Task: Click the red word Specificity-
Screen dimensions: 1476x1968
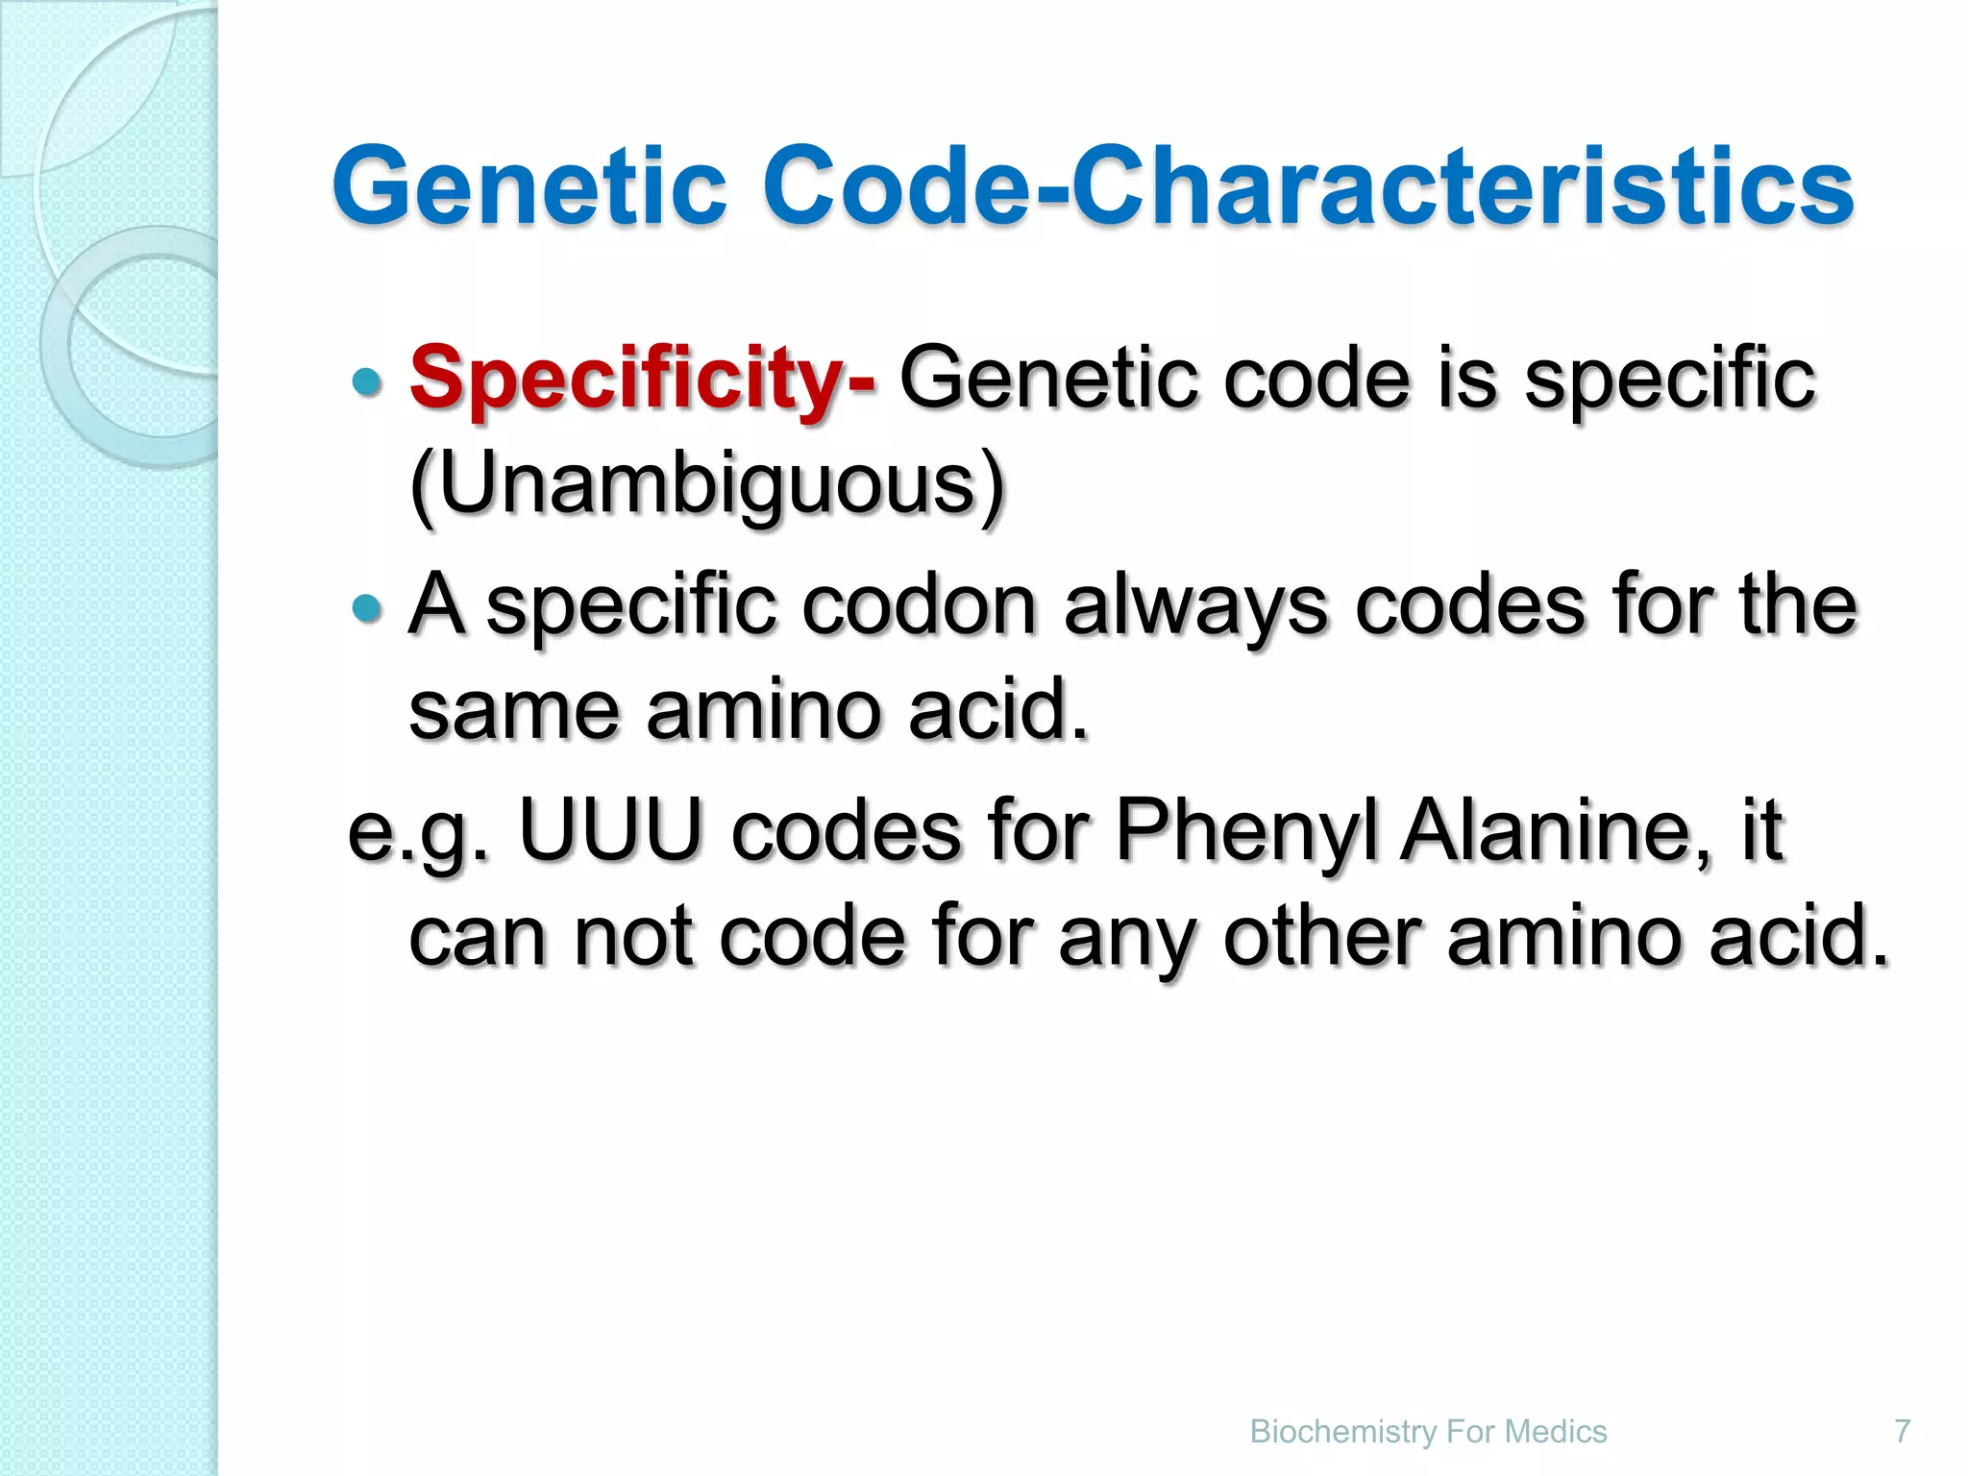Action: [x=642, y=380]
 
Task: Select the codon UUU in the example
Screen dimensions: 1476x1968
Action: [x=610, y=828]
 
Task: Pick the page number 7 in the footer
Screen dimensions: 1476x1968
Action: [x=1902, y=1431]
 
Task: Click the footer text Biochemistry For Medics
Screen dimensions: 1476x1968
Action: [x=1428, y=1431]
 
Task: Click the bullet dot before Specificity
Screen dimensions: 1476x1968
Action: [x=366, y=382]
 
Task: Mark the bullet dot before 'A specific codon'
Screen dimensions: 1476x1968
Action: [x=366, y=607]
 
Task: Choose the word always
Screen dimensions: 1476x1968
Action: [x=1195, y=607]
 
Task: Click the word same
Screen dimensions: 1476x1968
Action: [x=514, y=711]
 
